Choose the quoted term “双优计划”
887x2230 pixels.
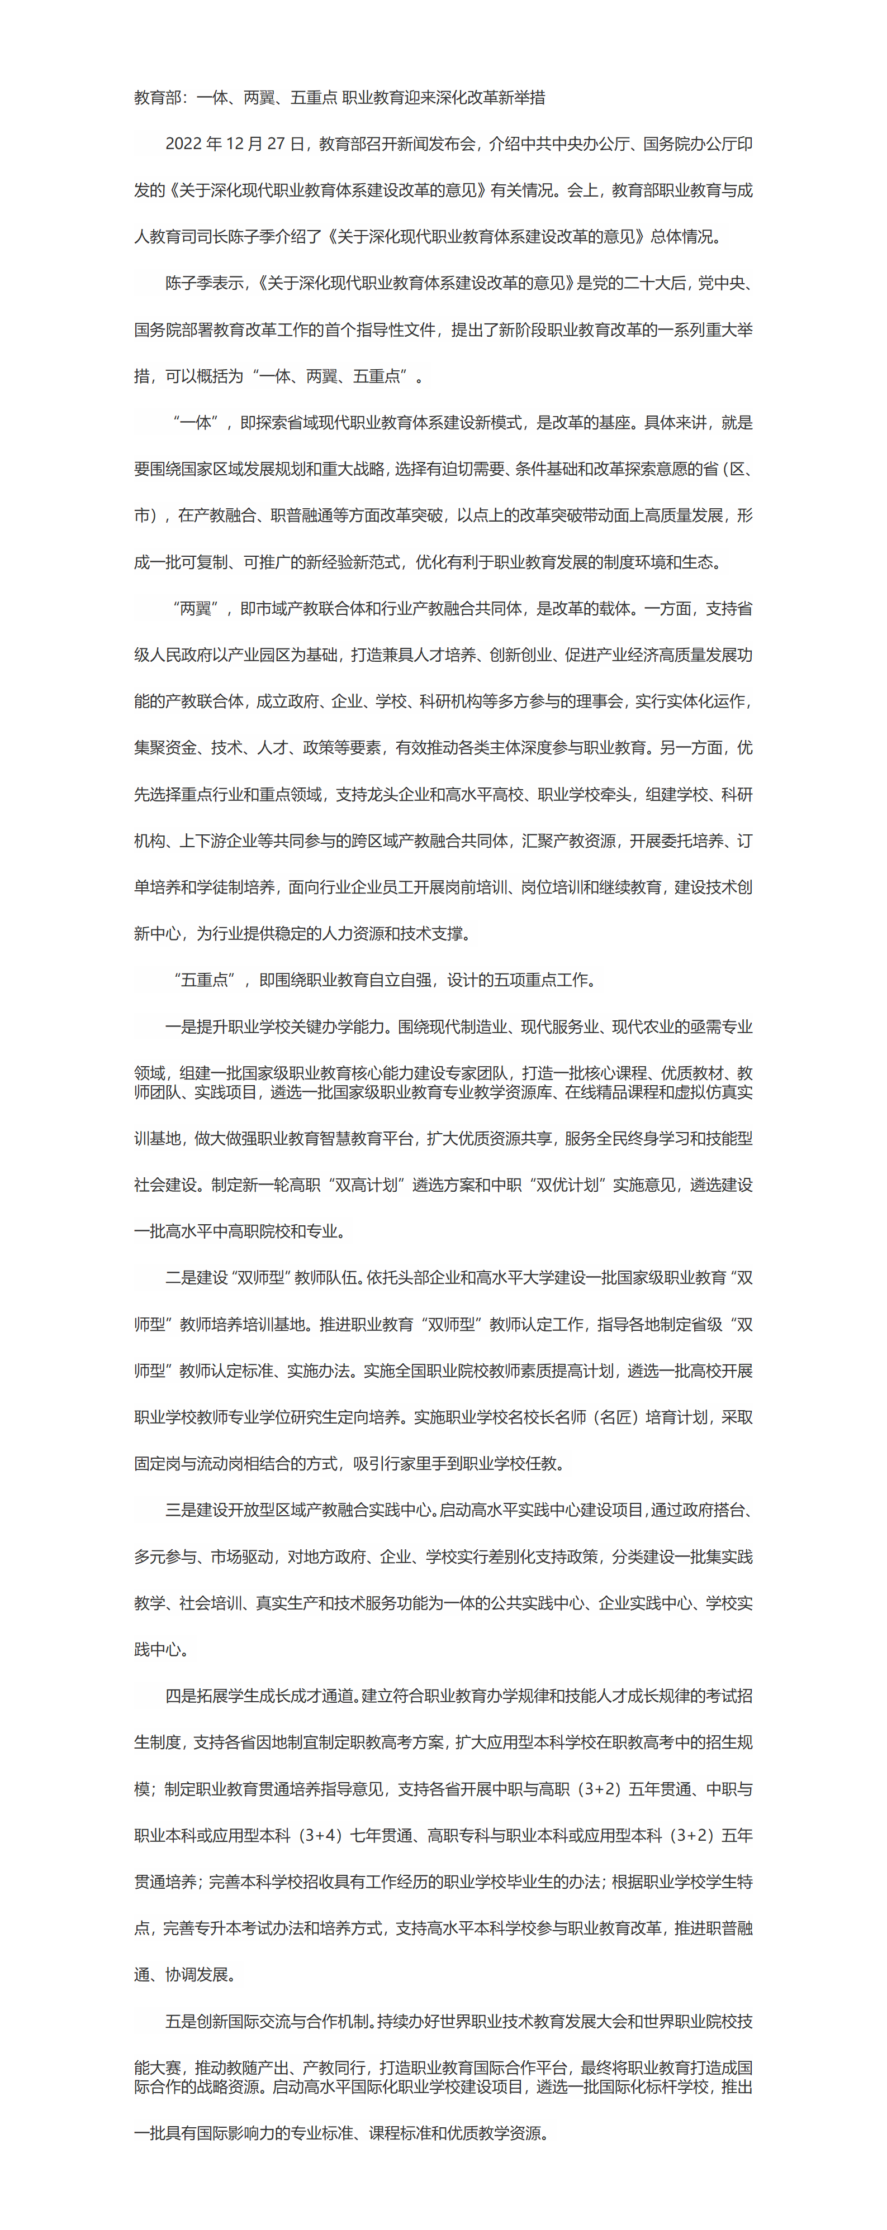tap(567, 1185)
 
